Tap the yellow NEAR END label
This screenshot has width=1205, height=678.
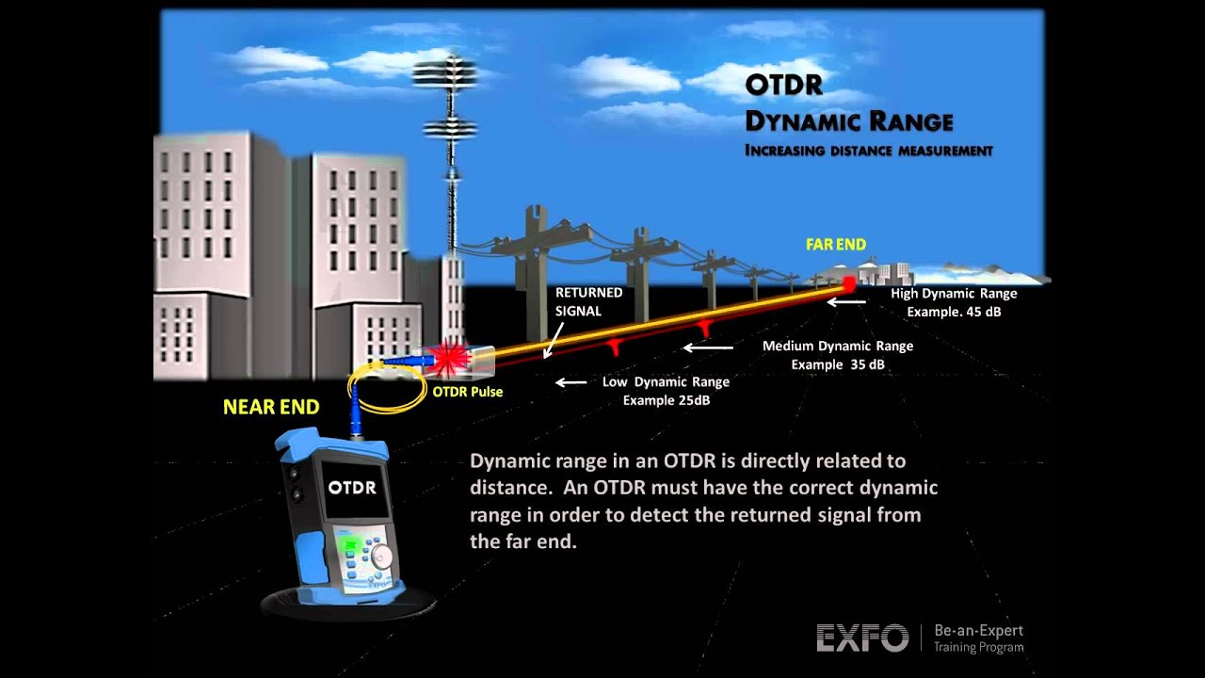(271, 408)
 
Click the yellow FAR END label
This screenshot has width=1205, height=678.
(835, 245)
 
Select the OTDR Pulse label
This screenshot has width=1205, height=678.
(467, 392)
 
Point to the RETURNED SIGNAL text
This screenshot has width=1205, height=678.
(588, 301)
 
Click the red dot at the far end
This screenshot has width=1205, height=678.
(848, 282)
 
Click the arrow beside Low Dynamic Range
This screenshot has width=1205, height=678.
(570, 382)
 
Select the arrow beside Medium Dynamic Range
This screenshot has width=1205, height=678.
(708, 347)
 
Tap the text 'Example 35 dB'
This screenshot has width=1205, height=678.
(837, 364)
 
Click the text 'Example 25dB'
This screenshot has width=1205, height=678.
(666, 400)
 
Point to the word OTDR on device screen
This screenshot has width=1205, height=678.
(352, 488)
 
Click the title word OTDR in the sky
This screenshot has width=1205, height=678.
(783, 86)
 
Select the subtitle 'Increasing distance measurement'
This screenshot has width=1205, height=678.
(868, 151)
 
